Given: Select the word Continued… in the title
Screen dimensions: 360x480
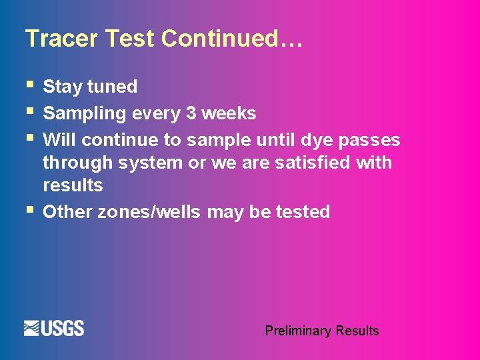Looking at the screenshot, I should point(233,39).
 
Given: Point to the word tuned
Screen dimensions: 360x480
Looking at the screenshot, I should point(113,87).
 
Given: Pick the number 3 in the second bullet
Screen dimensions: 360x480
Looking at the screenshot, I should point(191,113).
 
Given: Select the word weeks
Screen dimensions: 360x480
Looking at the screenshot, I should point(229,113).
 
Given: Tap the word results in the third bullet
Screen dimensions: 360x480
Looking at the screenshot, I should point(73,185).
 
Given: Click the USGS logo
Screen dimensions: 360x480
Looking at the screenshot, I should point(54,328).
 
